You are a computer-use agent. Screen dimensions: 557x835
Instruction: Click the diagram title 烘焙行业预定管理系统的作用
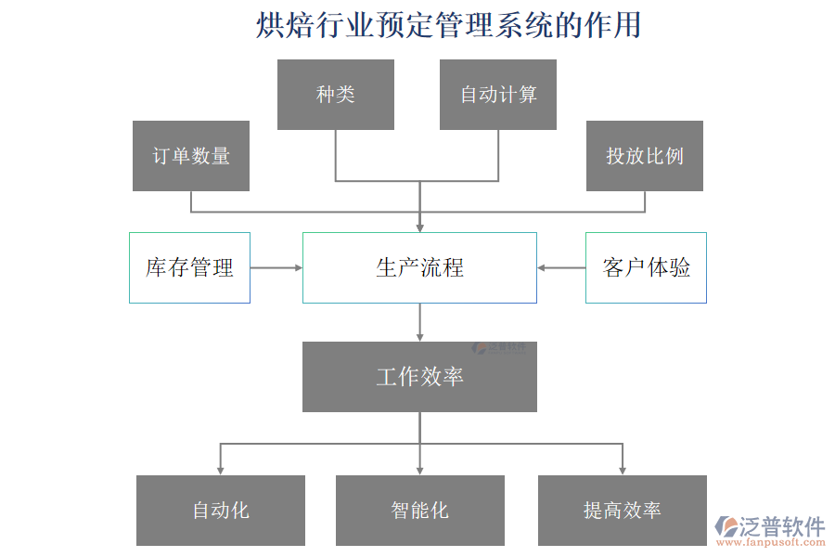(x=448, y=25)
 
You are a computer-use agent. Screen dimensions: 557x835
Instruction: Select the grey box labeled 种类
(x=335, y=95)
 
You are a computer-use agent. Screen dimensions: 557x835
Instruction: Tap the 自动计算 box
(x=498, y=95)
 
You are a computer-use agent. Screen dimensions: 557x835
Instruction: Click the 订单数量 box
(x=191, y=156)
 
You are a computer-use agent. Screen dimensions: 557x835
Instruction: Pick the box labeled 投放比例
(x=645, y=156)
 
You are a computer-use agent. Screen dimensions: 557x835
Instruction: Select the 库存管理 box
(x=189, y=267)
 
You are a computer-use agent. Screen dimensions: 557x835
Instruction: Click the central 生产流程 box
(x=419, y=267)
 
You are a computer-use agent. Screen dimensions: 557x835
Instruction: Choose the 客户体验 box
(x=646, y=267)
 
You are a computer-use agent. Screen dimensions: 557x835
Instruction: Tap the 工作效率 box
(x=419, y=376)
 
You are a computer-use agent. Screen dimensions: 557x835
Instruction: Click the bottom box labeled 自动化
(x=221, y=510)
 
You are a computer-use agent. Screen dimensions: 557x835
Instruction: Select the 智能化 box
(x=419, y=510)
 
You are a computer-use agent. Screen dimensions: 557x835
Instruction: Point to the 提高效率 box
(x=622, y=510)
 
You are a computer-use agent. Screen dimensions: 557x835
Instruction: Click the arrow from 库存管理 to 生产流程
(x=276, y=267)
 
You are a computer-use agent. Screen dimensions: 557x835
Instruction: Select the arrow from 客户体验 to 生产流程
(x=561, y=267)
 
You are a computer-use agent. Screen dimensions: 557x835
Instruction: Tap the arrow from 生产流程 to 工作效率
(x=420, y=322)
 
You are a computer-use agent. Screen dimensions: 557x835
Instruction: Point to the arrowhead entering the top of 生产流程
(x=420, y=226)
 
